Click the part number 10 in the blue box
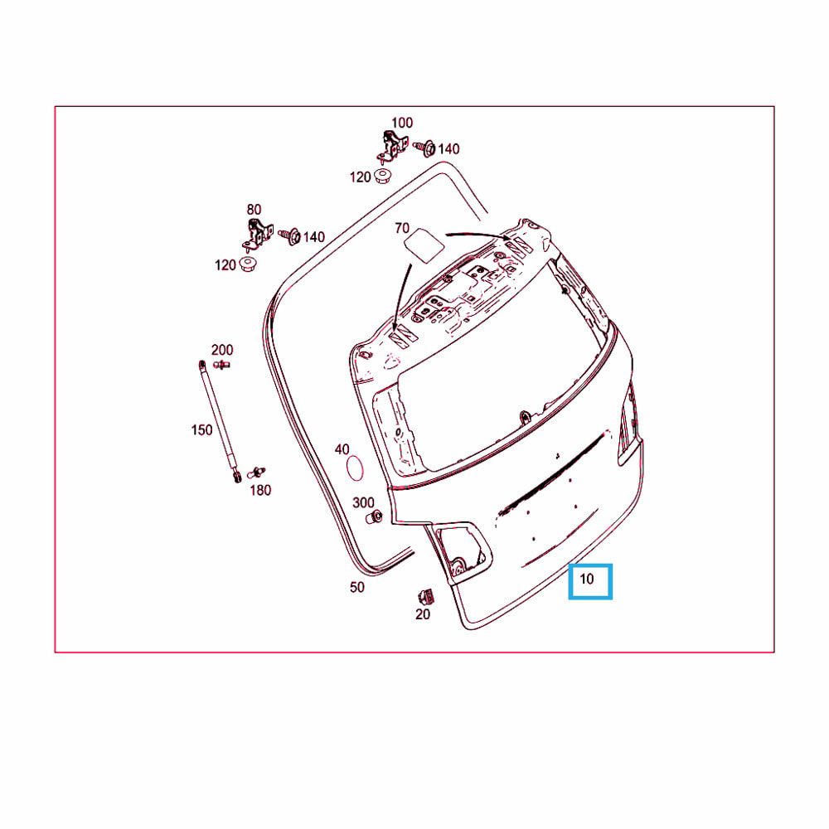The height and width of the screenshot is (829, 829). point(587,579)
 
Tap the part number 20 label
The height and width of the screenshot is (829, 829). point(423,614)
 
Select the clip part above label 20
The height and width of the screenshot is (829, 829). point(426,596)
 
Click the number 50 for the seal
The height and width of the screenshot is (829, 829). point(356,587)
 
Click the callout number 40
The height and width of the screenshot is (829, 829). point(342,449)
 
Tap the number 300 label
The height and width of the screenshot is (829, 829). point(363,502)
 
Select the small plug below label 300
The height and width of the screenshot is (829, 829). point(375,517)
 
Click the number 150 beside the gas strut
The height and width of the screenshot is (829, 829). point(201,429)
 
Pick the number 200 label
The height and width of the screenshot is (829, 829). point(222,350)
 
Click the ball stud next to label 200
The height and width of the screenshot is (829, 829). point(221,364)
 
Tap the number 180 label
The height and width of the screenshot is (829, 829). point(260,490)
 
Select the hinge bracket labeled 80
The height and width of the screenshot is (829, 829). point(258,235)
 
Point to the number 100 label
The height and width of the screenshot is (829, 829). point(402,123)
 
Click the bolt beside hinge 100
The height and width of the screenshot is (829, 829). point(424,148)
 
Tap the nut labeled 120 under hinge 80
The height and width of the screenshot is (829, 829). point(247,264)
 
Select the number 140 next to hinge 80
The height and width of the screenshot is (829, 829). point(313,237)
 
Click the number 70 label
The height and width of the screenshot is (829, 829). point(402,228)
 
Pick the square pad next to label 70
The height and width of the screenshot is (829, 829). point(424,245)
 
